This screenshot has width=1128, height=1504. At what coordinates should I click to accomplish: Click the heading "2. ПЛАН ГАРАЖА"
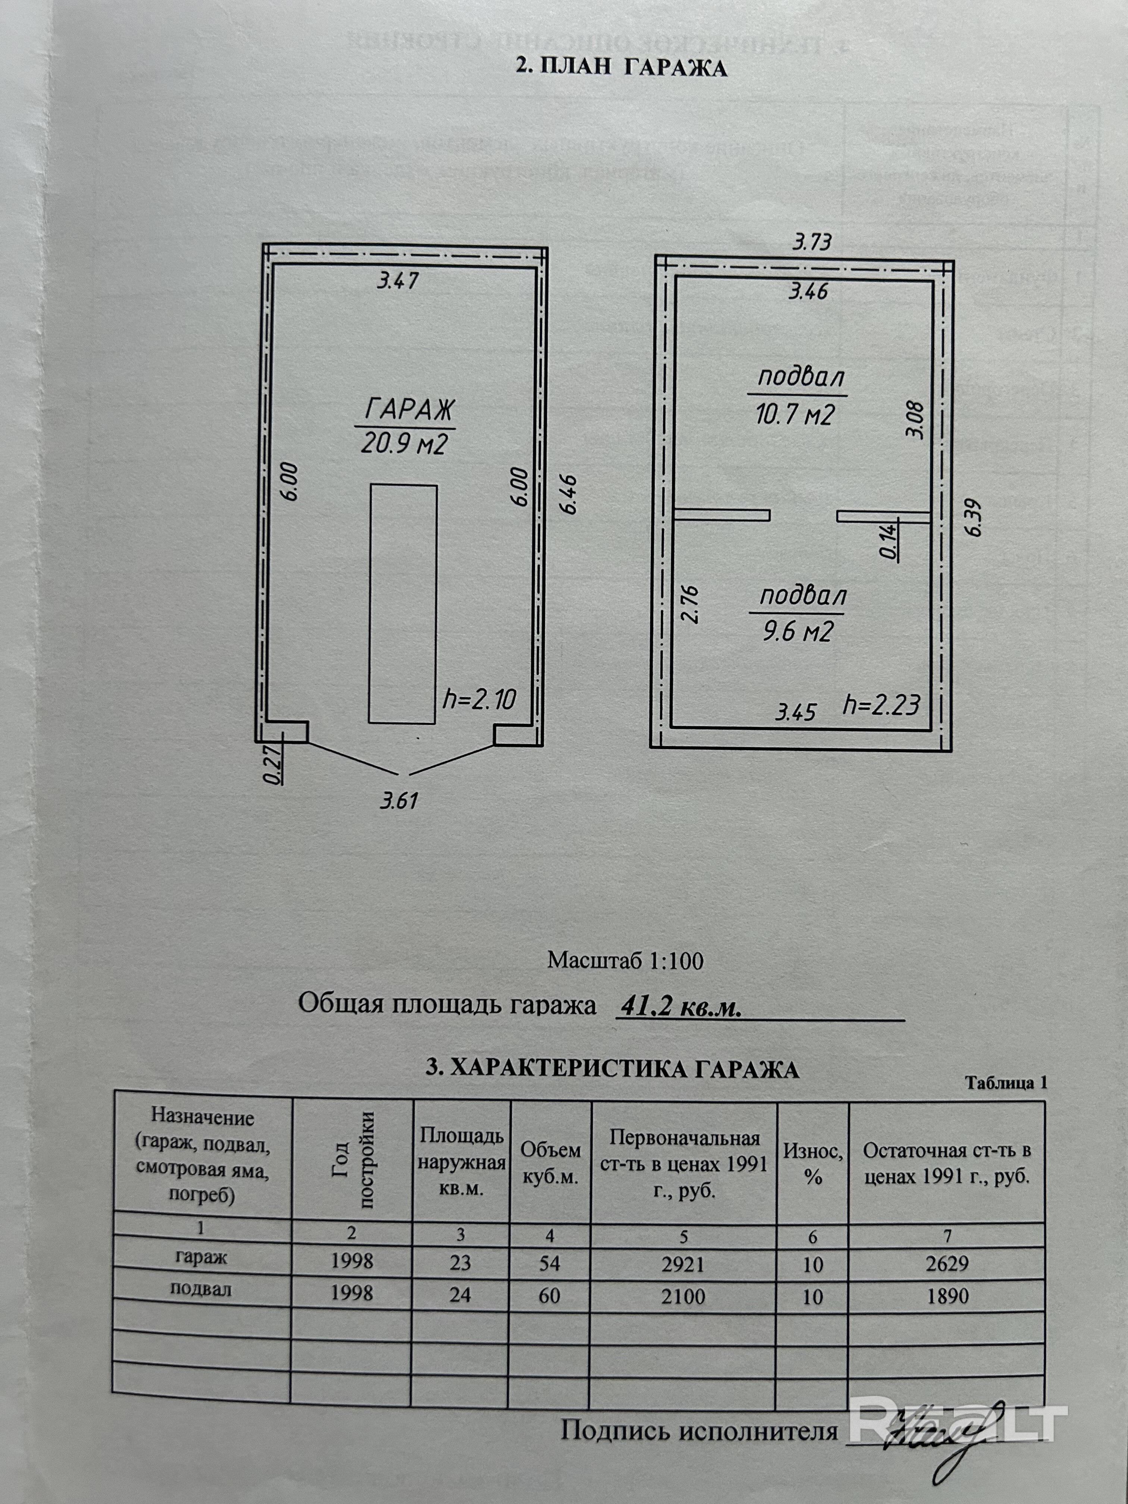pyautogui.click(x=621, y=68)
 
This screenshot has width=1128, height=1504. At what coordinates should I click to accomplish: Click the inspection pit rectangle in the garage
pyautogui.click(x=402, y=604)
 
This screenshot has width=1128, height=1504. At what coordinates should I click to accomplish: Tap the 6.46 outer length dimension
pyautogui.click(x=569, y=494)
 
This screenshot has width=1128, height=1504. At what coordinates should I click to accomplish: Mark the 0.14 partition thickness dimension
pyautogui.click(x=889, y=540)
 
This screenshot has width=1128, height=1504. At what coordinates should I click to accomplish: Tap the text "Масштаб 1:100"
pyautogui.click(x=625, y=960)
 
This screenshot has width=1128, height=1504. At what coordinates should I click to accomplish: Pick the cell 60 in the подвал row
pyautogui.click(x=549, y=1295)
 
